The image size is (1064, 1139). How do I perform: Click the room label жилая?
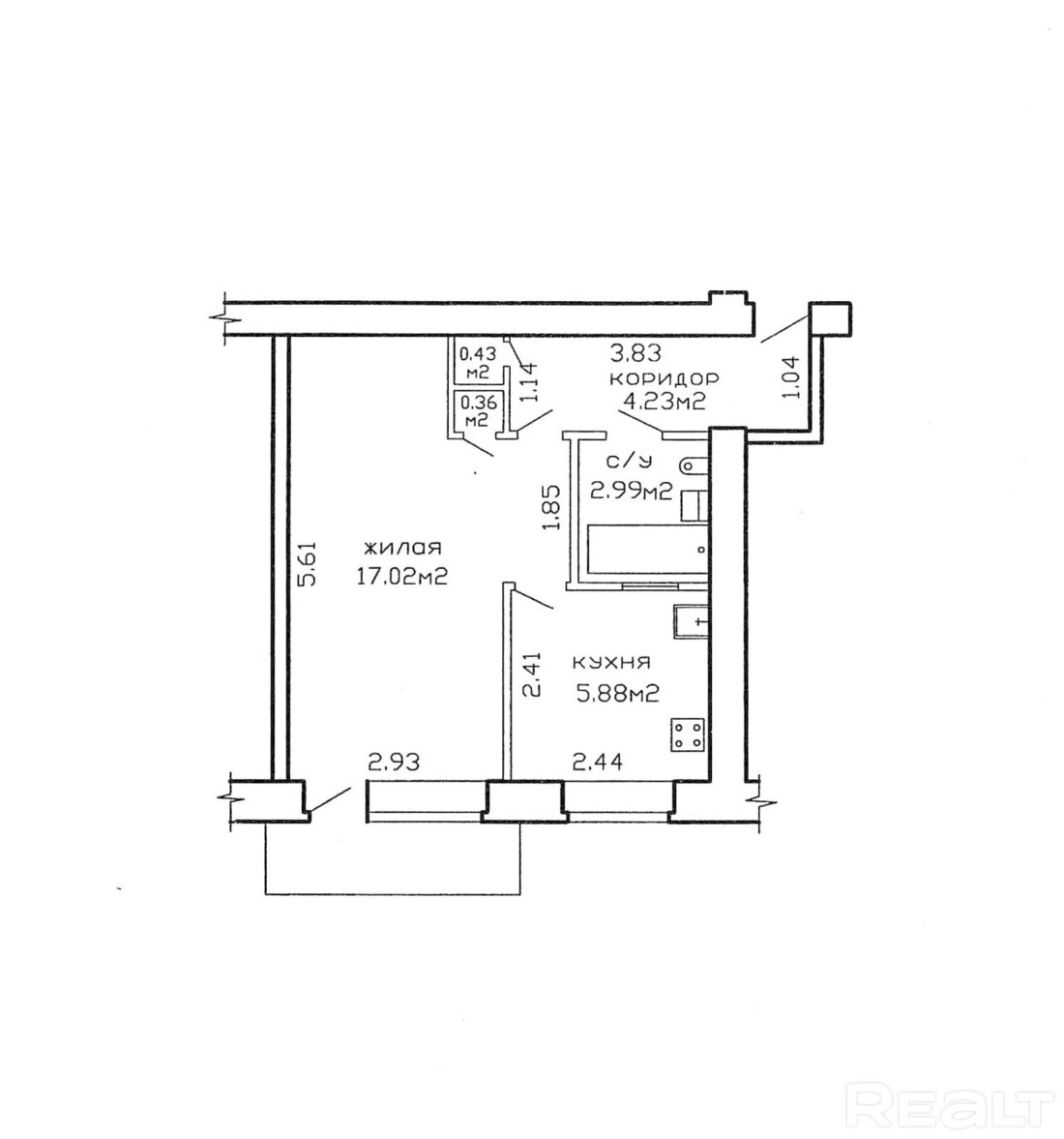click(x=403, y=547)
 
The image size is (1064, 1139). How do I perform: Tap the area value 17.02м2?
click(x=400, y=577)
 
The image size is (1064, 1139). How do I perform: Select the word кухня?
click(x=611, y=663)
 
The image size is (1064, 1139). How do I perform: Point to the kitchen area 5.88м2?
click(x=617, y=695)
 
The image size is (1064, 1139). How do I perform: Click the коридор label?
click(x=665, y=378)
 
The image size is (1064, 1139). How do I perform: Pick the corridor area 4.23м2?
click(x=665, y=401)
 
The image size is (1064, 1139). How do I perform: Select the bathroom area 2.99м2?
click(x=631, y=491)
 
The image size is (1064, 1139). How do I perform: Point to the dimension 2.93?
click(x=395, y=762)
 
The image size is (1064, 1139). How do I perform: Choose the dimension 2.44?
click(x=598, y=762)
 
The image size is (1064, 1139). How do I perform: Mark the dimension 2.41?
click(x=532, y=674)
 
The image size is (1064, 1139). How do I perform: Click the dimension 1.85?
click(x=552, y=508)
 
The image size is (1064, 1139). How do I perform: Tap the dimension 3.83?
click(x=636, y=354)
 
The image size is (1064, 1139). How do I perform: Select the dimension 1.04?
click(x=791, y=376)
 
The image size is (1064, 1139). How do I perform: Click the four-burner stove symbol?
click(x=688, y=735)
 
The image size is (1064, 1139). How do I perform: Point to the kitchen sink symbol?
click(x=690, y=622)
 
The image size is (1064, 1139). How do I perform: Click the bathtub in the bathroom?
click(x=646, y=551)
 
